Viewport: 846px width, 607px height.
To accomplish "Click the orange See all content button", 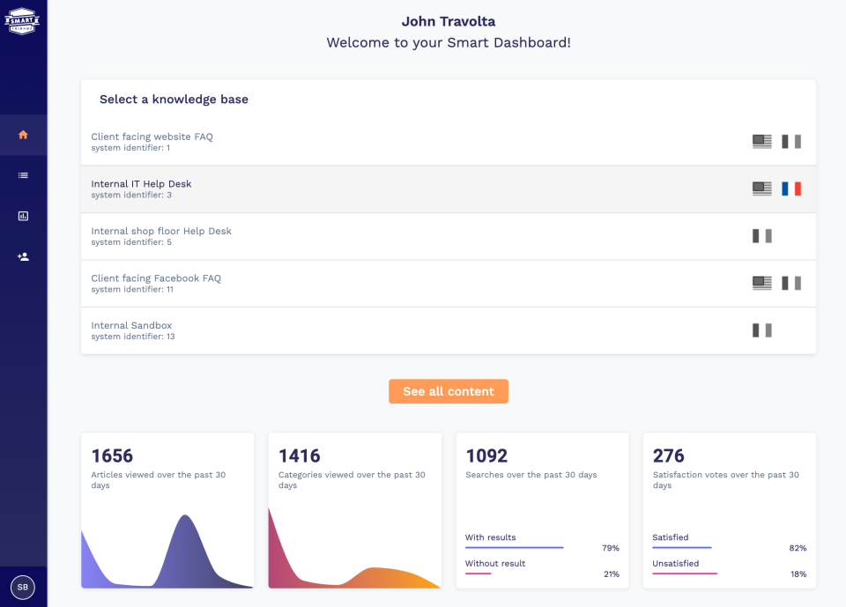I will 448,391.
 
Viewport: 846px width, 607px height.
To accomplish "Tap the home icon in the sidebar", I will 23,135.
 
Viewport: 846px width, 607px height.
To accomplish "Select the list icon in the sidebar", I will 23,175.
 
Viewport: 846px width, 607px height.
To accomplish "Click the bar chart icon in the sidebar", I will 23,216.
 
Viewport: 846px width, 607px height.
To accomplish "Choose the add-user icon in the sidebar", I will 23,256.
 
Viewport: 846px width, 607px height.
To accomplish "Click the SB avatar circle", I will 23,587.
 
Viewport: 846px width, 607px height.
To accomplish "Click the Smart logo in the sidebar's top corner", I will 23,19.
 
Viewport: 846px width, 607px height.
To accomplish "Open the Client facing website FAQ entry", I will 152,137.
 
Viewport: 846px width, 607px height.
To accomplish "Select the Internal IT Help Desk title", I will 141,184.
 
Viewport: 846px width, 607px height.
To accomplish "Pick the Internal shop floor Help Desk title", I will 161,231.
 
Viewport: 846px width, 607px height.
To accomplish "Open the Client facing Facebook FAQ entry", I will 156,278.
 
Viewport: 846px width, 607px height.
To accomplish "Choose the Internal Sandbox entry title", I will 131,325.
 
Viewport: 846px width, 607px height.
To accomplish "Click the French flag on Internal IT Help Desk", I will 790,189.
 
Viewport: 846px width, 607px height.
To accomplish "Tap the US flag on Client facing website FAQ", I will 761,142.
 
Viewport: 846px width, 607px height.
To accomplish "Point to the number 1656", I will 112,455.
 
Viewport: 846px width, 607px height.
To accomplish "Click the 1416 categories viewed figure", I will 300,455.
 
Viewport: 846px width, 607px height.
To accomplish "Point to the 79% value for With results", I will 610,548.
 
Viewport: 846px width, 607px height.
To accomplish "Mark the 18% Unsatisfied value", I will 798,574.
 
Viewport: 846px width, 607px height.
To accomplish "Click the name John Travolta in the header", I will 449,21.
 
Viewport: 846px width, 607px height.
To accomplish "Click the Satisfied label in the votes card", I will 670,537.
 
